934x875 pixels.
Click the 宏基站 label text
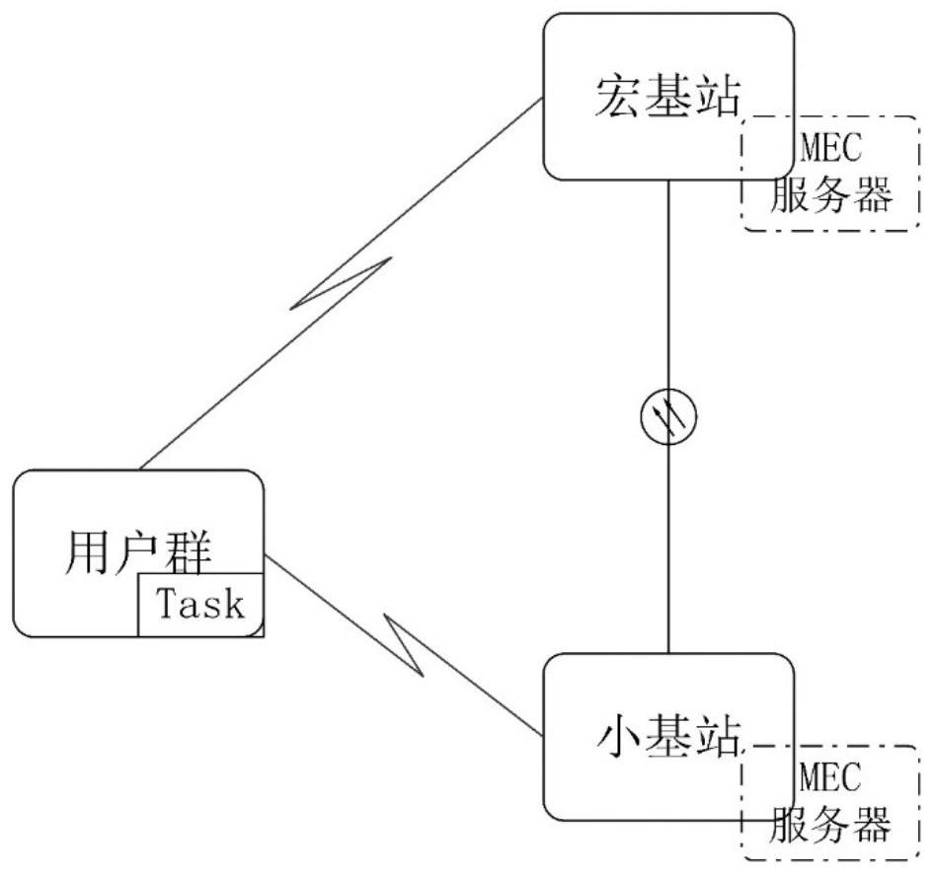[x=668, y=94]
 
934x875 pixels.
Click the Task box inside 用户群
[x=200, y=604]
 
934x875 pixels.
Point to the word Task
[x=200, y=604]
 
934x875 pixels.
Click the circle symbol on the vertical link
[x=668, y=417]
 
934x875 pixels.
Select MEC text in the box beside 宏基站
[x=829, y=151]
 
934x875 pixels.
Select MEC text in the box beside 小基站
[x=829, y=777]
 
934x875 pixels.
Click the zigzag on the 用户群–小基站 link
[x=405, y=643]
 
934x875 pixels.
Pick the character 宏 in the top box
[x=620, y=94]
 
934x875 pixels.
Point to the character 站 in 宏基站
[x=717, y=94]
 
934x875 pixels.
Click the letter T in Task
[x=166, y=603]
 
